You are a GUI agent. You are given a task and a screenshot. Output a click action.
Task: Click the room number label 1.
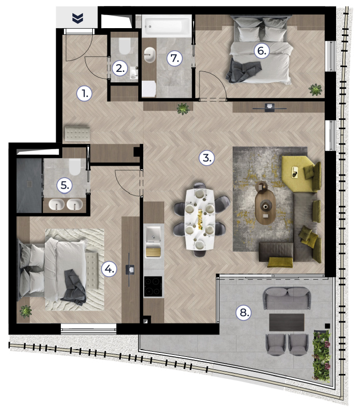click(84, 93)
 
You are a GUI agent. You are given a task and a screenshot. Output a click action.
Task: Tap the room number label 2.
click(120, 69)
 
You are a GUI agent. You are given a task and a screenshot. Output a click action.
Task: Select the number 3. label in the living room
click(206, 158)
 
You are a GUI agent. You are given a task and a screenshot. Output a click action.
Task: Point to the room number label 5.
click(65, 185)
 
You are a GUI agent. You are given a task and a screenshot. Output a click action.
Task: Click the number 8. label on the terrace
click(244, 312)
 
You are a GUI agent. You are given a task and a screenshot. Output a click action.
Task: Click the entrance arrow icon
click(78, 18)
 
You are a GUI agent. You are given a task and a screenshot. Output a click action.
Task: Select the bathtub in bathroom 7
click(167, 26)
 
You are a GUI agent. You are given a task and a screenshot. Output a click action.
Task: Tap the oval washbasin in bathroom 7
click(150, 55)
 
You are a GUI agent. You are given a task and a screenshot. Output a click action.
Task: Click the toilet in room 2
click(125, 46)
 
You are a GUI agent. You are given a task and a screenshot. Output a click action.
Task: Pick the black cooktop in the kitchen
click(153, 287)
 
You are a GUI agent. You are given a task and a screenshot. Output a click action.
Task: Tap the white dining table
click(200, 219)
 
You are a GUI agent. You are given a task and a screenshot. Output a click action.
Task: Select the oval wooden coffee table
click(265, 207)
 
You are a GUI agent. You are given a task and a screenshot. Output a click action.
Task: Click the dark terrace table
click(287, 322)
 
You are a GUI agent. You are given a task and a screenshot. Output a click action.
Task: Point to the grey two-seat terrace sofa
click(287, 298)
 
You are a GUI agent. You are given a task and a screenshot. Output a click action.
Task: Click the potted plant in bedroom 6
click(315, 90)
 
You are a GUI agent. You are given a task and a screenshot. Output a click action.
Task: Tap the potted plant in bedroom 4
click(26, 312)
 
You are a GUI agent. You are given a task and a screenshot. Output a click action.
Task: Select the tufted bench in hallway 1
click(78, 134)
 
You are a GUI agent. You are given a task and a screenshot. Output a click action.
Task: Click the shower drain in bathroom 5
click(30, 184)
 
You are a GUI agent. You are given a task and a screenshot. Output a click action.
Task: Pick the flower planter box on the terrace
click(321, 356)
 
